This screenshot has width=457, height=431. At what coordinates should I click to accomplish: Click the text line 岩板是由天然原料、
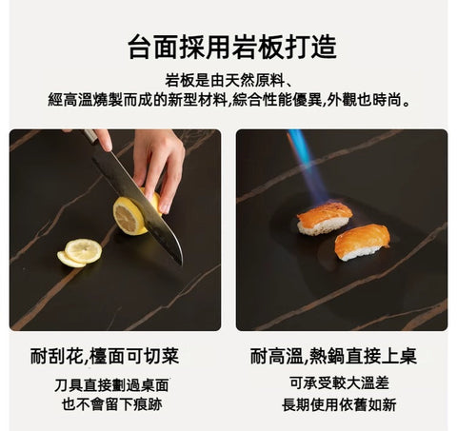coord(228,79)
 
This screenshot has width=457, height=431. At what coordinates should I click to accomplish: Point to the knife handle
coord(91,137)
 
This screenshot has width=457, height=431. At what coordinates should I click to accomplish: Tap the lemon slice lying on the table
coord(81,251)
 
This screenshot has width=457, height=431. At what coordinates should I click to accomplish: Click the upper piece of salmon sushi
coord(324,218)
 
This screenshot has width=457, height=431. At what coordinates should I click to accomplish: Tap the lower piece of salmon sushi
coord(362,242)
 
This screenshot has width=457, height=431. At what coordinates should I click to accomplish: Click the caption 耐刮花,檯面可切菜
coord(105,357)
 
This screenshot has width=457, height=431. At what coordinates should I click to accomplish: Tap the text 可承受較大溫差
coord(340,383)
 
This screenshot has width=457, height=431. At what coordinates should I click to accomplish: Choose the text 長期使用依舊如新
coord(340,404)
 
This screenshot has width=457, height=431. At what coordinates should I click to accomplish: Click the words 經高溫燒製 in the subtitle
coord(87,99)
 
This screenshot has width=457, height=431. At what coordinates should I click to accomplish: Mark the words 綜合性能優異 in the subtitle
coord(275,99)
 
